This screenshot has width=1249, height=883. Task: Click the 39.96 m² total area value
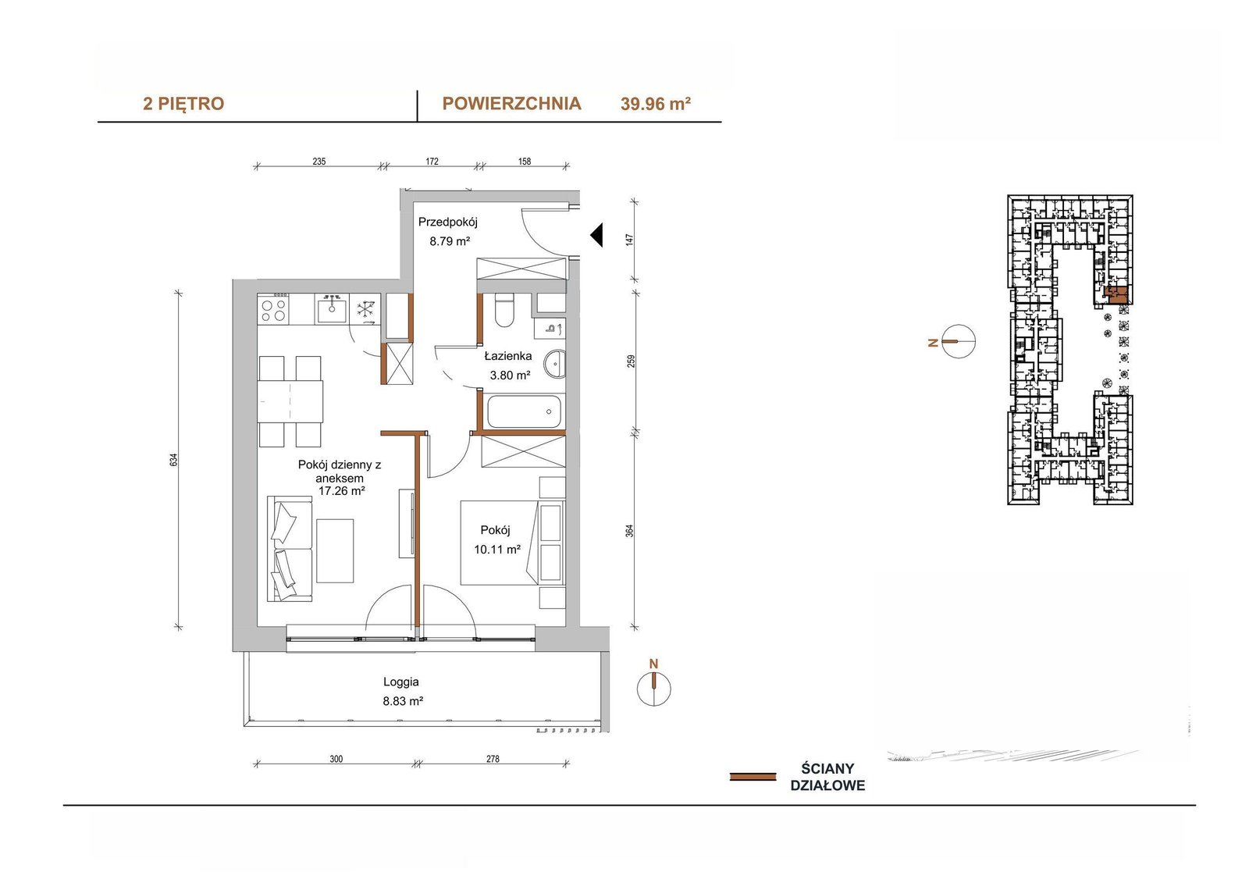click(x=656, y=104)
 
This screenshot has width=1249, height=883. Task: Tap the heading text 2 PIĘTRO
click(x=183, y=104)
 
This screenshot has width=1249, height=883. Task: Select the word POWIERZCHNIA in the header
click(x=511, y=104)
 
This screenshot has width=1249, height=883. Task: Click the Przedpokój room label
click(x=448, y=222)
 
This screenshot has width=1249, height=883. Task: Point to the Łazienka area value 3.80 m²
click(x=510, y=376)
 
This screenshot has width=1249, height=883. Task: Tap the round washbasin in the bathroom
click(x=554, y=364)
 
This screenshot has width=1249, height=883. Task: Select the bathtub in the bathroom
click(x=524, y=411)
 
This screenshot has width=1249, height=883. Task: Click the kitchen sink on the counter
click(x=332, y=308)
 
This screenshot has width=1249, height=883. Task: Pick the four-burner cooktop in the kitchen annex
click(x=273, y=309)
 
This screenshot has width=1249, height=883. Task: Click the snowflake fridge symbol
click(x=365, y=310)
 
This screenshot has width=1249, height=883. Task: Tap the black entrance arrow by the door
click(x=596, y=235)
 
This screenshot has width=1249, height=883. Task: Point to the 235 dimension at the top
click(x=319, y=161)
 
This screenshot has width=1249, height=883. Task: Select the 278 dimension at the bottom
click(x=493, y=759)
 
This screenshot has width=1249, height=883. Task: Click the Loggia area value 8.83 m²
click(x=403, y=701)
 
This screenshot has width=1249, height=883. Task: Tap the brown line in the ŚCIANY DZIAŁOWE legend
click(x=753, y=777)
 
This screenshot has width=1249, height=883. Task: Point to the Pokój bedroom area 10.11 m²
click(x=496, y=550)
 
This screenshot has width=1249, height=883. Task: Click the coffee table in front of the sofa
click(x=335, y=550)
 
